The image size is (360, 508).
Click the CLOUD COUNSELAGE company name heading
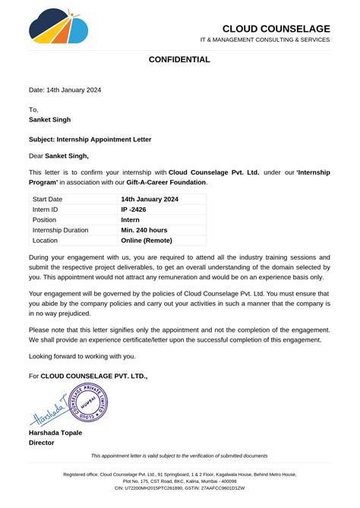tap(276, 29)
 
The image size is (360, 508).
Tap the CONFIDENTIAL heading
tap(179, 59)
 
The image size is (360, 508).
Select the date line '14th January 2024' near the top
tap(65, 90)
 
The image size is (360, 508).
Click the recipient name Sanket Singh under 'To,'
tap(50, 119)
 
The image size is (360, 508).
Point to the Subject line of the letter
tap(90, 140)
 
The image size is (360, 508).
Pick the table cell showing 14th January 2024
tap(150, 199)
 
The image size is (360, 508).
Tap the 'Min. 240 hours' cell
tap(146, 229)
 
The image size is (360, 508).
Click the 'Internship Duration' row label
tap(61, 229)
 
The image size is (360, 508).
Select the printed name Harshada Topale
tap(55, 433)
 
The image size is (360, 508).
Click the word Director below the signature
tap(42, 443)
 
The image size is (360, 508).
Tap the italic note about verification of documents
tap(179, 456)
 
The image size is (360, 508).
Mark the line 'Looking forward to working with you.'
tap(82, 356)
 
